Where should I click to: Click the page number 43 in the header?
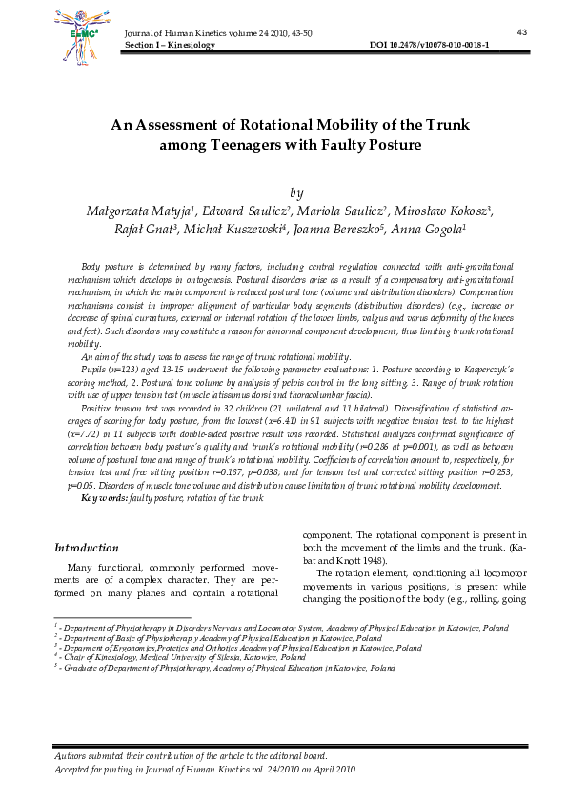pyautogui.click(x=521, y=32)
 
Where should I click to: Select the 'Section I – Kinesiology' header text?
pyautogui.click(x=170, y=45)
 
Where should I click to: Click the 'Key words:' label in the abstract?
pyautogui.click(x=106, y=497)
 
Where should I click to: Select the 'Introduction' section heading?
pyautogui.click(x=87, y=548)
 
